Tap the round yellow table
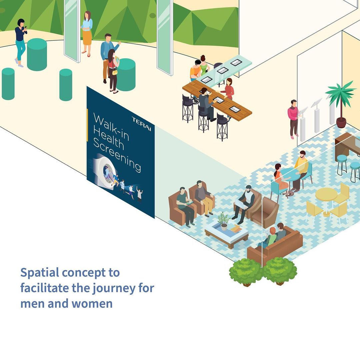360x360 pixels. coord(326,195)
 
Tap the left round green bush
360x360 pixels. coord(246,271)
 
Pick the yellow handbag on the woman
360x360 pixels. coord(115,72)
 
